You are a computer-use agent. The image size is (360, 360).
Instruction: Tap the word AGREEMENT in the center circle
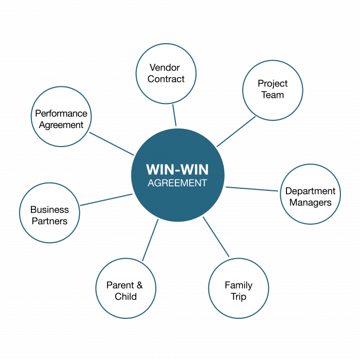(177, 183)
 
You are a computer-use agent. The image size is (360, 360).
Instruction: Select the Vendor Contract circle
(166, 73)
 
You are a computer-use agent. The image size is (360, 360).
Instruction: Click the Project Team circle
(273, 89)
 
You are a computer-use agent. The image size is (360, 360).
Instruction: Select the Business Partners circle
(49, 213)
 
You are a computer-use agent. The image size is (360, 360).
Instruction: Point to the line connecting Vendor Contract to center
(174, 115)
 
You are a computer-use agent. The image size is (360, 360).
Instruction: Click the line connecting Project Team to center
(236, 132)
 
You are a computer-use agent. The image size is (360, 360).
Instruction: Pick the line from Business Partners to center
(106, 200)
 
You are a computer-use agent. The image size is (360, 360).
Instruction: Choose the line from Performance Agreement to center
(112, 143)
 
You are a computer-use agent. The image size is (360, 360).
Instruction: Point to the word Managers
(311, 202)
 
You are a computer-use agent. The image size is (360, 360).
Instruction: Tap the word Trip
(238, 296)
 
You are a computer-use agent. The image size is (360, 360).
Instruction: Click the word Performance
(61, 113)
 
